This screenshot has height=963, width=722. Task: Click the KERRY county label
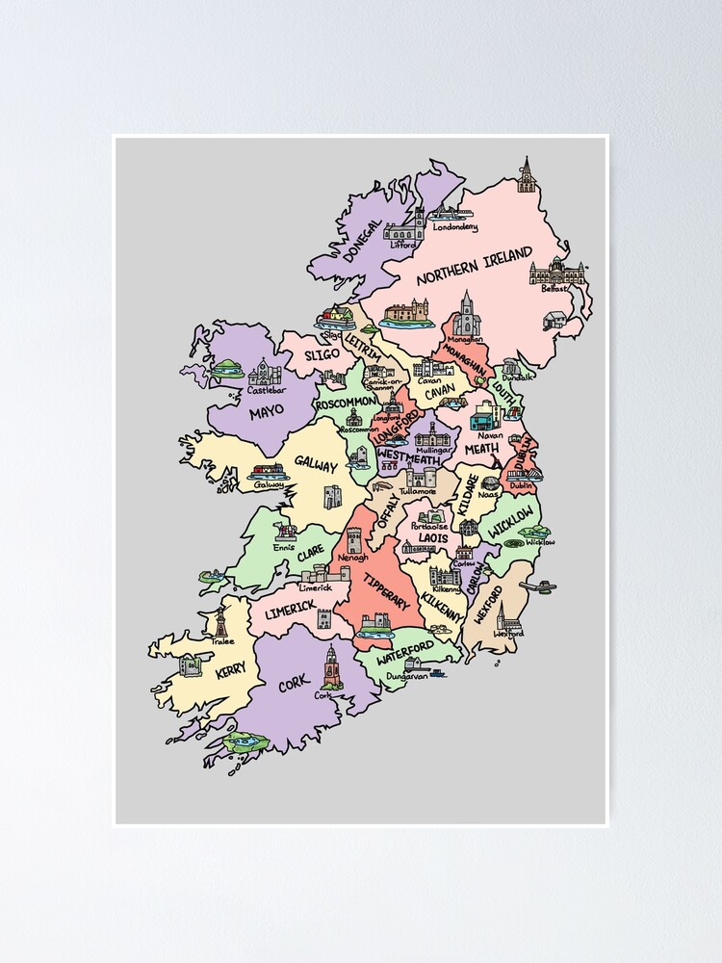coord(231,670)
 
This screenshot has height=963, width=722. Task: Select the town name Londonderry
coord(455,227)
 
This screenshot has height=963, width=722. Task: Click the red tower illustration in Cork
coord(332,666)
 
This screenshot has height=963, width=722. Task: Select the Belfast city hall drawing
coord(556,272)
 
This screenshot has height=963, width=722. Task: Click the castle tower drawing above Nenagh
coord(354,540)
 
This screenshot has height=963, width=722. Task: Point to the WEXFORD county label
coord(489,604)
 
